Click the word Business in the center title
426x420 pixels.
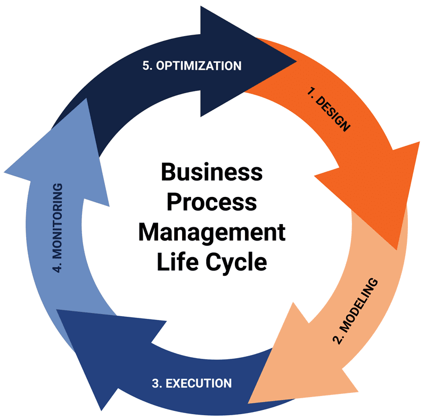[211, 172]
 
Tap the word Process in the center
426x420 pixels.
[212, 203]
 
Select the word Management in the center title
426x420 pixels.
[211, 233]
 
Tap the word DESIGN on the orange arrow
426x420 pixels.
[333, 114]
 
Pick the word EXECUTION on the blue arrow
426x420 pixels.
[199, 383]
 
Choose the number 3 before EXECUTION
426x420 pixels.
[155, 383]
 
